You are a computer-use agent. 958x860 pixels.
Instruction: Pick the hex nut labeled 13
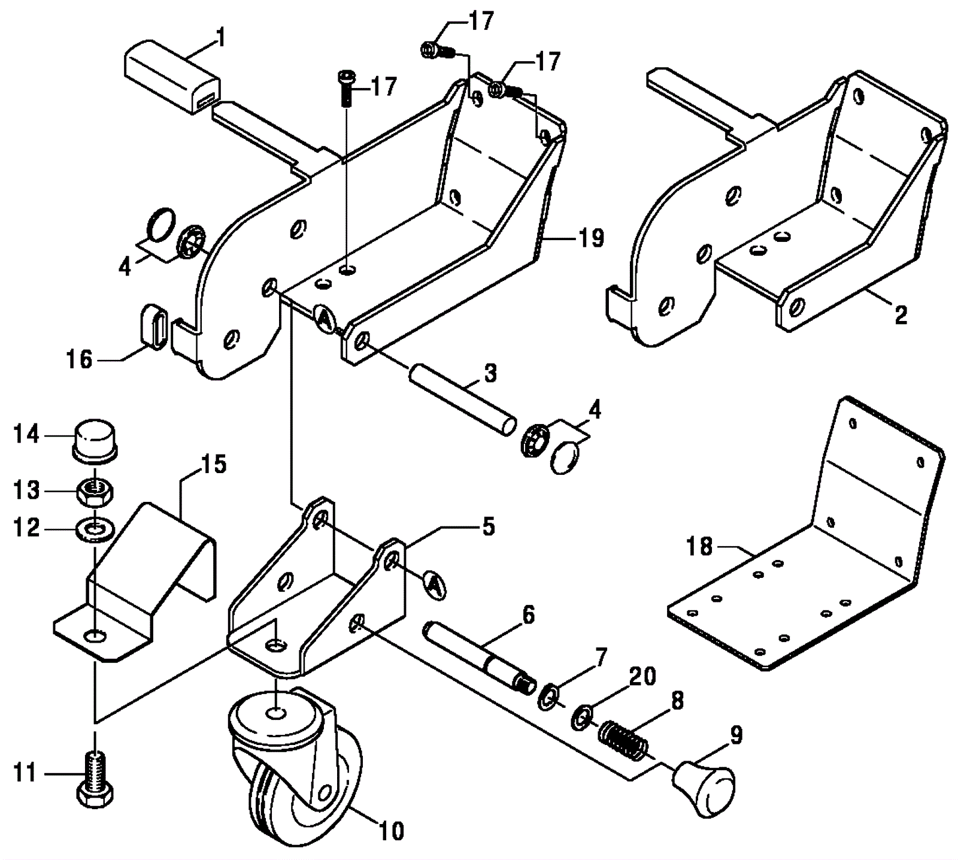coord(95,492)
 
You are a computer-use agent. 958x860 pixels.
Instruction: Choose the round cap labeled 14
coord(96,441)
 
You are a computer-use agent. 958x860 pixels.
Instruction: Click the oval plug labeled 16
coord(154,325)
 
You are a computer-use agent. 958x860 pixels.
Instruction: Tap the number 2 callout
coord(901,315)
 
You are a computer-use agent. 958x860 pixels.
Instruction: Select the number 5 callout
coord(489,528)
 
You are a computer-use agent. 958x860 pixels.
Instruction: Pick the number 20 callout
coord(642,676)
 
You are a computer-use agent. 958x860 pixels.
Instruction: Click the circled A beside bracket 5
coord(435,584)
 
